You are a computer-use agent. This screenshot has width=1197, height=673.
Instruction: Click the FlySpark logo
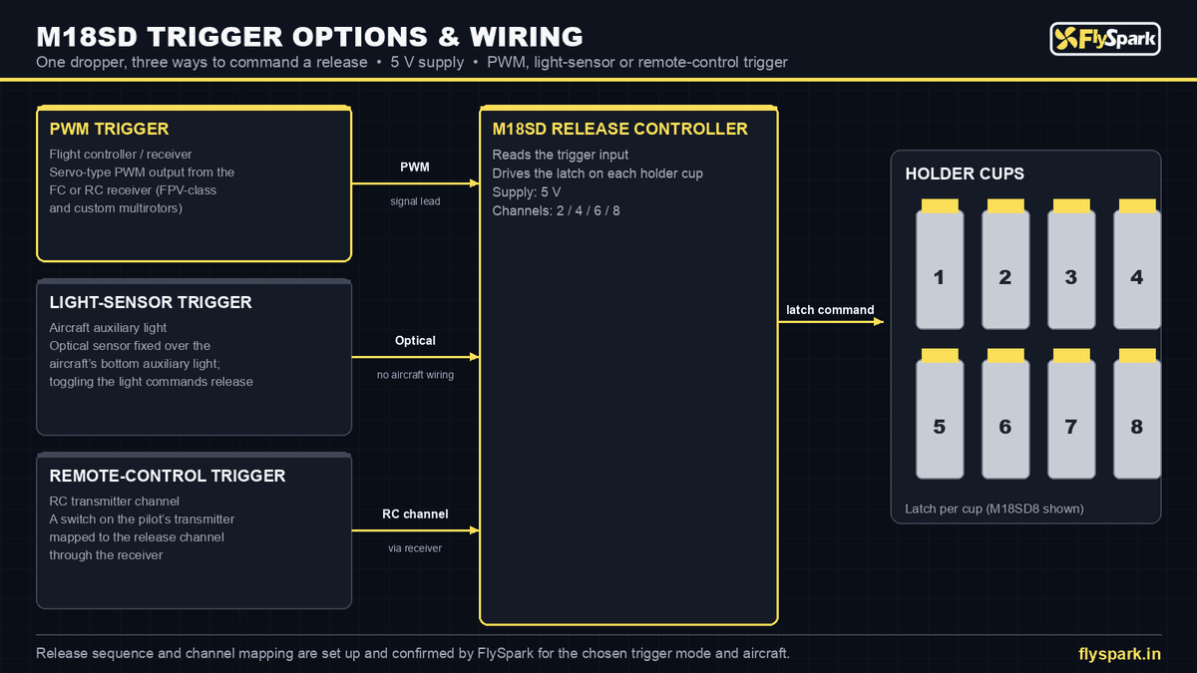[1105, 39]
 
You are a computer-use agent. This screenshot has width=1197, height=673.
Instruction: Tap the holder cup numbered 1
[940, 270]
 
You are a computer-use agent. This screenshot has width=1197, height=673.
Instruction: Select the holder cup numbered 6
[1005, 420]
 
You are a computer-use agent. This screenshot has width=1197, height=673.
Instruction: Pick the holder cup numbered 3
[1071, 270]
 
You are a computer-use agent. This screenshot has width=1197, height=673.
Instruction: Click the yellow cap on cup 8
[1137, 356]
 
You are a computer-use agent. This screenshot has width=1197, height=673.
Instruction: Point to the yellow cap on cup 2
[1005, 206]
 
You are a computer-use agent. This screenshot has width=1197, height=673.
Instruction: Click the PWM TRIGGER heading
[109, 129]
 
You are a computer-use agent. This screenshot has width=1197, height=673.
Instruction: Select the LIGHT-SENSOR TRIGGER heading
[151, 302]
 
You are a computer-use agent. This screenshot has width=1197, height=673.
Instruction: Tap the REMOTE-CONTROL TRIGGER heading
[168, 476]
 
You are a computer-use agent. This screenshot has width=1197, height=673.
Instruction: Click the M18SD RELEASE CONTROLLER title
[619, 129]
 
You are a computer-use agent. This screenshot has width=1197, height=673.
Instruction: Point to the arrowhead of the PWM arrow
[475, 183]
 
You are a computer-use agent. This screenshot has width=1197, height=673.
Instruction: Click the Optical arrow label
[415, 340]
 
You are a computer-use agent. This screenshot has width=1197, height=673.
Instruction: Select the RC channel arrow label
[415, 513]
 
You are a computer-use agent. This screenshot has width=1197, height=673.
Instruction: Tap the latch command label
[830, 310]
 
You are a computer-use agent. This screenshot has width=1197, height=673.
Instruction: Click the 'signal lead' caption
[415, 201]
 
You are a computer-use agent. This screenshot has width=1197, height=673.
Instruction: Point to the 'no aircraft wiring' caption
[415, 375]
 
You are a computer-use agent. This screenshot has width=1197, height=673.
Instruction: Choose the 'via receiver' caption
[415, 548]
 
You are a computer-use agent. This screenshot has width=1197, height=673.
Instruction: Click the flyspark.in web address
[1119, 654]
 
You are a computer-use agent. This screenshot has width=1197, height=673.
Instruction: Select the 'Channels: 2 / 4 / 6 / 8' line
[556, 211]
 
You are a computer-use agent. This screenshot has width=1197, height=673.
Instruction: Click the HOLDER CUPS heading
[965, 173]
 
